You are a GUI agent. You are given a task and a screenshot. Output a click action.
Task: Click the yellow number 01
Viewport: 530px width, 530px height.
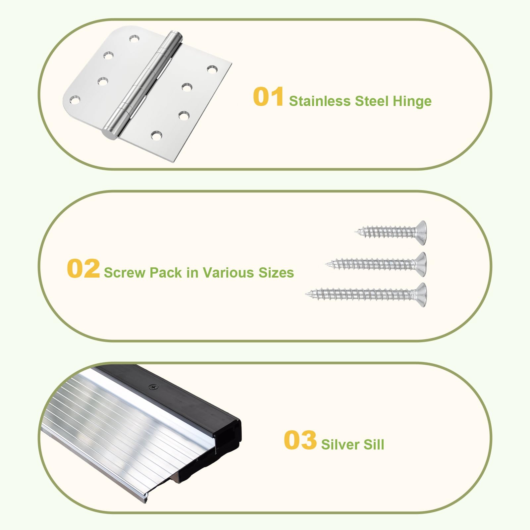click(268, 97)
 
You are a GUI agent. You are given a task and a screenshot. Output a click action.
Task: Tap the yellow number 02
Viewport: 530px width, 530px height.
click(83, 268)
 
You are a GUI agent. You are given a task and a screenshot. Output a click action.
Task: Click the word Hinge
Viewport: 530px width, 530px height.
click(412, 101)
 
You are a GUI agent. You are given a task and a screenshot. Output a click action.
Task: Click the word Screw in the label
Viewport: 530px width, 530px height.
click(125, 273)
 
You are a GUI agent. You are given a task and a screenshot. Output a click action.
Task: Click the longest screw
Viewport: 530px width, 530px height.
click(366, 294)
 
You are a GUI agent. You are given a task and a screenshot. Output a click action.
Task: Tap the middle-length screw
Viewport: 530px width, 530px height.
click(376, 264)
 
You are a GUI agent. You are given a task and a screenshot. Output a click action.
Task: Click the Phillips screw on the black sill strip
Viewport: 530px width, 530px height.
click(153, 387)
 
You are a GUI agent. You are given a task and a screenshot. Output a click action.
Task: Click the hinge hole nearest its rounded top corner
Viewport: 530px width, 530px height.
click(134, 39)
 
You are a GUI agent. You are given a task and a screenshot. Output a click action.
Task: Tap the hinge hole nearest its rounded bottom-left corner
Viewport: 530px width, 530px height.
click(75, 99)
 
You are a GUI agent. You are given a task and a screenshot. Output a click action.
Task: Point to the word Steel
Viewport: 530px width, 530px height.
click(372, 101)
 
